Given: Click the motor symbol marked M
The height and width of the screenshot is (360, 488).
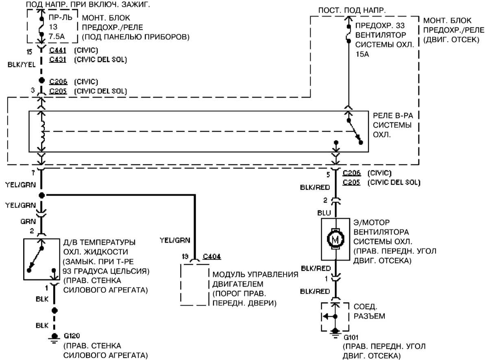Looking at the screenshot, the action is pos(336,239).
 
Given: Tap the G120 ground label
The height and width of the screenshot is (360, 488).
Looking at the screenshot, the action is pos(72,336).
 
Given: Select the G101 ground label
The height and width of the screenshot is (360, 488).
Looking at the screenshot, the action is pos(351,338).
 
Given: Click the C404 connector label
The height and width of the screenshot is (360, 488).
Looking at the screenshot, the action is pos(212,257).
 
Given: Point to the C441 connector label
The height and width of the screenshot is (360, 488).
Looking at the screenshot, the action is pos(58,50).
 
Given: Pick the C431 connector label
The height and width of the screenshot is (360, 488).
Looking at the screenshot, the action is pos(58,59).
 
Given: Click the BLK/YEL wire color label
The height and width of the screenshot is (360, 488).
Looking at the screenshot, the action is pos(21,65).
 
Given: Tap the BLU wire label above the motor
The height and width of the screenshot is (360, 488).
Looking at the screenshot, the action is pos(324,213).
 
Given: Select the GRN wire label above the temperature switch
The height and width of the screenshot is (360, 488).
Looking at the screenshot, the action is pos(28,222).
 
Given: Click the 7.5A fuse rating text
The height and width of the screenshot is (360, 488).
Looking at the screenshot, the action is pos(57,36).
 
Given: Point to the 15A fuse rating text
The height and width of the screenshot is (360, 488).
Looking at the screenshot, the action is pos(362,54).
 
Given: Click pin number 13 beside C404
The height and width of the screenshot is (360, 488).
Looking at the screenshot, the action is pos(185,257).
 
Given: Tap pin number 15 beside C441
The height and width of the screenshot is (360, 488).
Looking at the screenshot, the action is pos(29,52).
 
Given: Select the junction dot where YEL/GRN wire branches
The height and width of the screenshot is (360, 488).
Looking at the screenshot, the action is pos(41,195).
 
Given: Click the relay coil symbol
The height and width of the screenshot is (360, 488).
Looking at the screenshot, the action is pos(43,131).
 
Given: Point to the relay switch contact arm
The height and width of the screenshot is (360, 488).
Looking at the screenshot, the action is pos(355,131).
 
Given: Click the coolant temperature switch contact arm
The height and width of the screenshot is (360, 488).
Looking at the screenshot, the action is pos(35,259).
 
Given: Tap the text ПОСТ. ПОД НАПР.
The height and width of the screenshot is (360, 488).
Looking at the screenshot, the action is pos(352,10).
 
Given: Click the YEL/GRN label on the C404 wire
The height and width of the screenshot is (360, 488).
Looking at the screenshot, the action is pos(175,240).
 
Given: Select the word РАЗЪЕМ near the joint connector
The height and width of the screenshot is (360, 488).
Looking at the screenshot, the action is pos(369,316).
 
